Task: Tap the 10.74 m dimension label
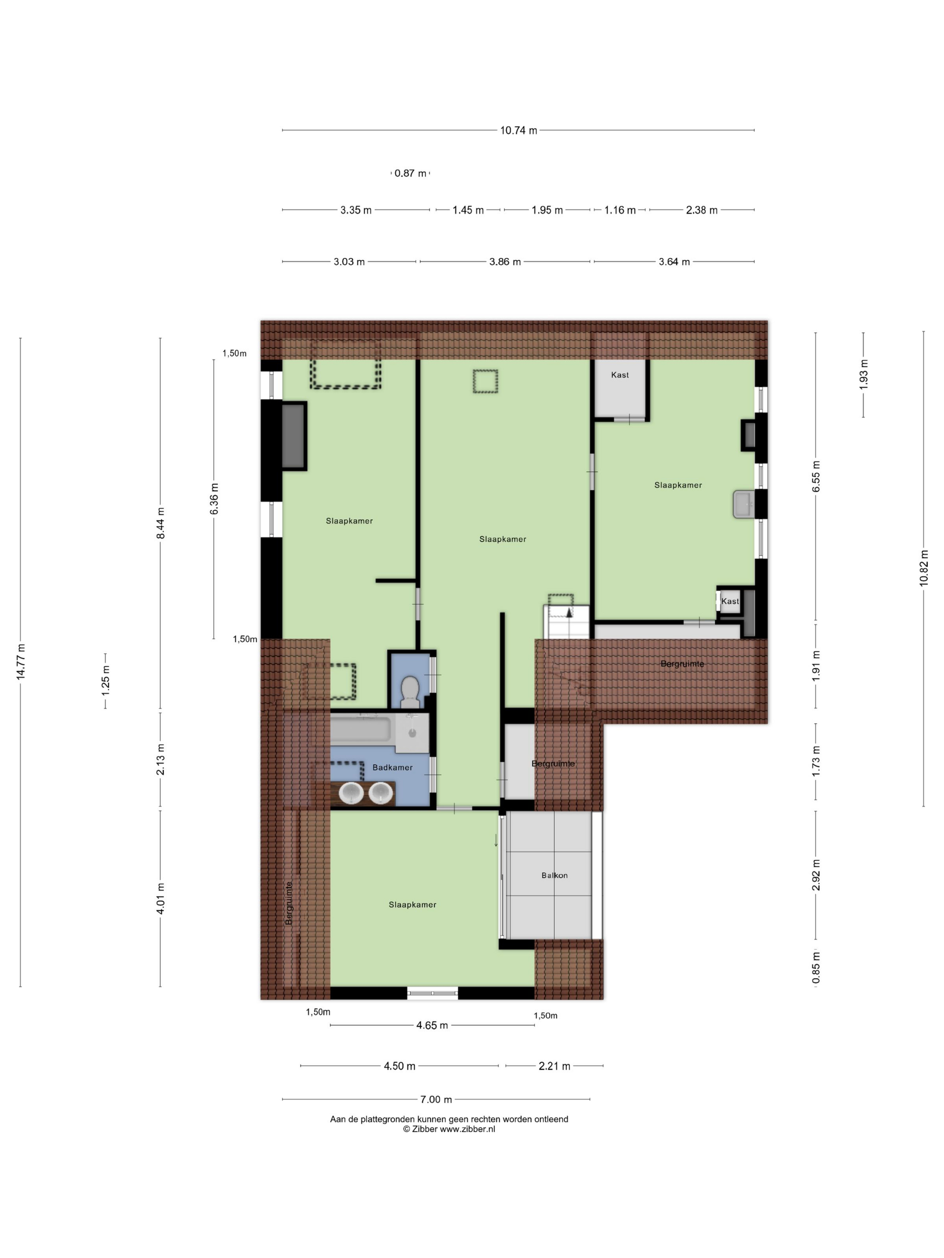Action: coord(518,130)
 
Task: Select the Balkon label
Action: coord(554,875)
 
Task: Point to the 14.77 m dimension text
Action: coord(21,661)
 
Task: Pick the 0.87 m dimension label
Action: coord(410,173)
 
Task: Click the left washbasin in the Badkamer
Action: coord(351,793)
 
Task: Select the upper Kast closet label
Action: coord(619,375)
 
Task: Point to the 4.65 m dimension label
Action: coord(432,1025)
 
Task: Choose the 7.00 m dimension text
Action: coord(436,1099)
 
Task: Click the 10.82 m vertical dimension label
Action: coord(923,567)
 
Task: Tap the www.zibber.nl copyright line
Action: coord(449,1129)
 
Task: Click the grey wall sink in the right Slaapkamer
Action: coord(743,504)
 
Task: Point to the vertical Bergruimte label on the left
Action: coord(289,903)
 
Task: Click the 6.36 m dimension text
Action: coord(214,499)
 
